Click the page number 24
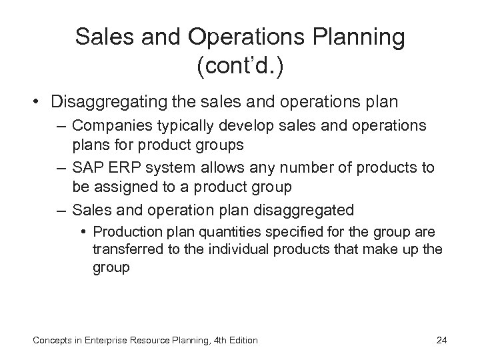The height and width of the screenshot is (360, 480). [x=441, y=340]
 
